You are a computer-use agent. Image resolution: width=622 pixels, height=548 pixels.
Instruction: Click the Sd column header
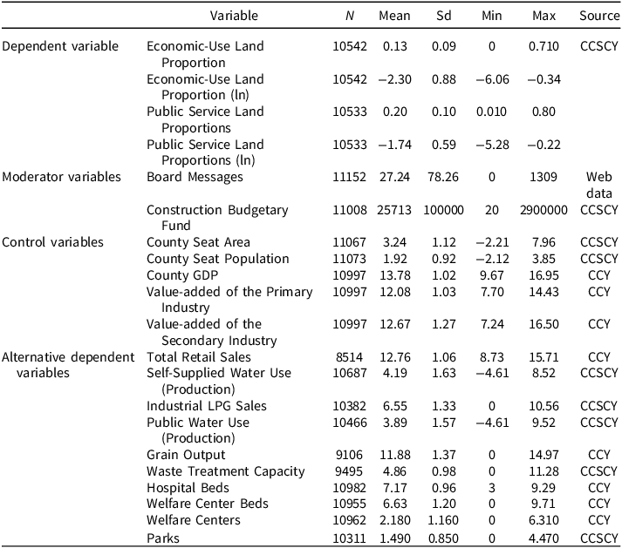[x=444, y=17]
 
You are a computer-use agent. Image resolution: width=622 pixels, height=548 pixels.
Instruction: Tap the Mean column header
[x=394, y=17]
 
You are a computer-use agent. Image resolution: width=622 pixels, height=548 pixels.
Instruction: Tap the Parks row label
[x=164, y=538]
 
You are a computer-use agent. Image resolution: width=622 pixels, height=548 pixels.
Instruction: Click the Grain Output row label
[x=186, y=455]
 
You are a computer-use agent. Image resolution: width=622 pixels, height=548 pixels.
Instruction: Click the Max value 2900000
[x=544, y=210]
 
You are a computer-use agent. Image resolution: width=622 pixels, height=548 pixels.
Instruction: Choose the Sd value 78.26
[x=444, y=177]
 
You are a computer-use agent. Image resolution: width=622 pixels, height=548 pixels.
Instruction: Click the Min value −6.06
[x=493, y=78]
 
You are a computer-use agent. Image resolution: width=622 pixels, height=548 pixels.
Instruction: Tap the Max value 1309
[x=544, y=177]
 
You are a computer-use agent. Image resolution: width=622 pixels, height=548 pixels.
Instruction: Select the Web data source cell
[x=598, y=185]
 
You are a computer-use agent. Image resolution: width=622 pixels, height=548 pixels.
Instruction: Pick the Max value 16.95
[x=544, y=275]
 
